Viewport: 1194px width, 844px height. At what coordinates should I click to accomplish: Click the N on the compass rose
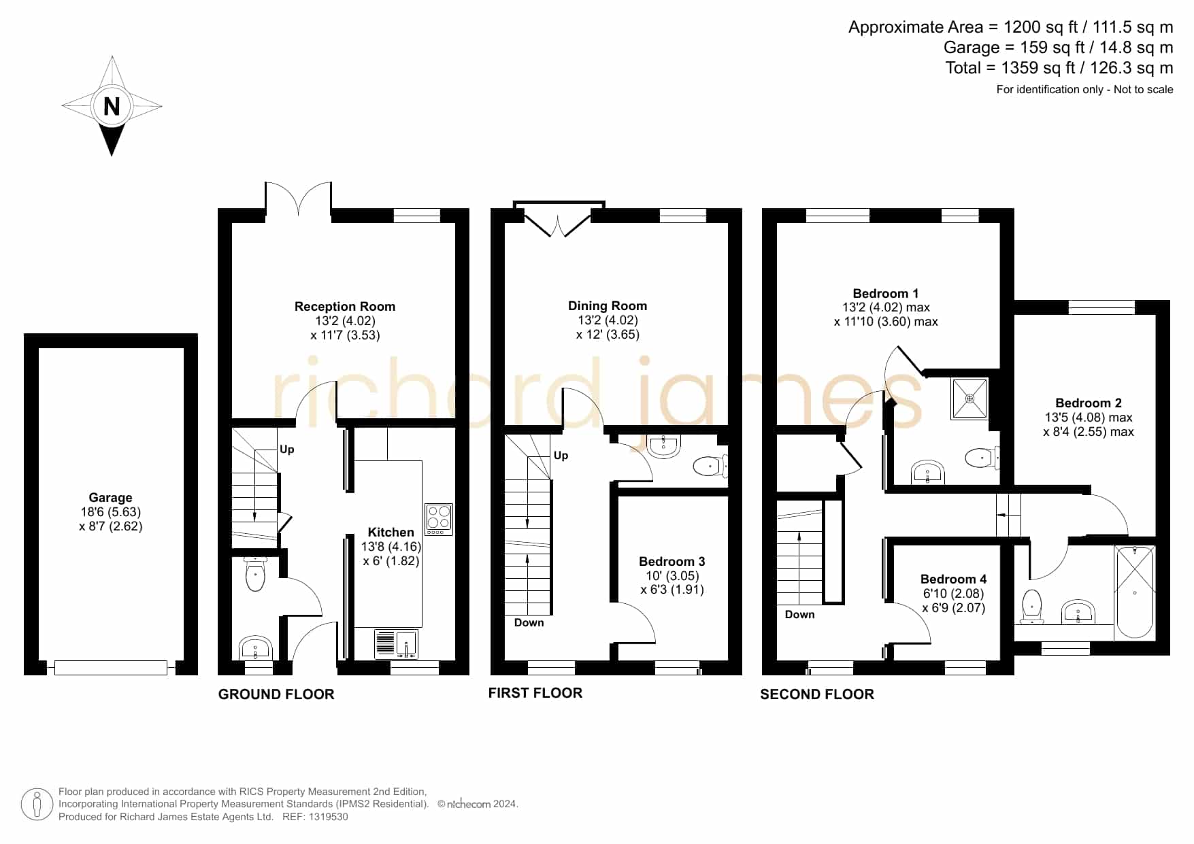[x=112, y=106]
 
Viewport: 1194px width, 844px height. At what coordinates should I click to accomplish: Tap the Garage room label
[x=110, y=498]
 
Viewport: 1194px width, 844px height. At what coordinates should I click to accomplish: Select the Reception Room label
[x=345, y=307]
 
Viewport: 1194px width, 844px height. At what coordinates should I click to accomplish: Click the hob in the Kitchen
[x=439, y=519]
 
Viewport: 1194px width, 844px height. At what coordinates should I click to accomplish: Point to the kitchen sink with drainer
[x=396, y=644]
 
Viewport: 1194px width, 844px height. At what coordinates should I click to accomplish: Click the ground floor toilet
[x=255, y=573]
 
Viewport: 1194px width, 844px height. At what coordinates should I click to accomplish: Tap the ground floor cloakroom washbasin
[x=255, y=648]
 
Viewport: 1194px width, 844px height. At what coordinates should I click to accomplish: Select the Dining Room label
[x=608, y=306]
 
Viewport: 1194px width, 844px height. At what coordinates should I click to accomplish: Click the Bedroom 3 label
[x=672, y=562]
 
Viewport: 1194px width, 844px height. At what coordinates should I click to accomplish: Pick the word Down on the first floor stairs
[x=529, y=623]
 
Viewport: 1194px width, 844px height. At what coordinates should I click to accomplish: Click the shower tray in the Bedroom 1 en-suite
[x=969, y=399]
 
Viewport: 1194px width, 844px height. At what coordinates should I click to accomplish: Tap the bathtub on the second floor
[x=1135, y=592]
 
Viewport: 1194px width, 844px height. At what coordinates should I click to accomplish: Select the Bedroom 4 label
[x=953, y=579]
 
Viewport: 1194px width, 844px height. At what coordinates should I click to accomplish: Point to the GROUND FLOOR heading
[x=276, y=694]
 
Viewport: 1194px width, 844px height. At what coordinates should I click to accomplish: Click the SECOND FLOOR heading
[x=817, y=694]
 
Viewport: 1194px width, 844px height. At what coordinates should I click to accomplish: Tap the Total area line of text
[x=1059, y=68]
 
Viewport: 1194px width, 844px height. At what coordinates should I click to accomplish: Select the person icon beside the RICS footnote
[x=37, y=805]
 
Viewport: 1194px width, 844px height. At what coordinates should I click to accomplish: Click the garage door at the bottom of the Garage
[x=110, y=668]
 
